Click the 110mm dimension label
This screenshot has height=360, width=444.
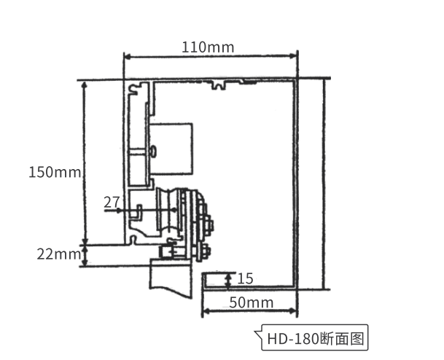pyautogui.click(x=208, y=47)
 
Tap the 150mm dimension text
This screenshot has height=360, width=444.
pyautogui.click(x=55, y=172)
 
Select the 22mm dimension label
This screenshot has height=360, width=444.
pyautogui.click(x=58, y=254)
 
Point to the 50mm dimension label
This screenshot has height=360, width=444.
pyautogui.click(x=252, y=302)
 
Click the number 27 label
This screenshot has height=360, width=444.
pyautogui.click(x=112, y=203)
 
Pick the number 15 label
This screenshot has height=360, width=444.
pyautogui.click(x=245, y=279)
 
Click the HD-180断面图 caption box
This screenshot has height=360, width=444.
pyautogui.click(x=314, y=337)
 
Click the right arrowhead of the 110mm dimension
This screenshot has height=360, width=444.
pyautogui.click(x=293, y=56)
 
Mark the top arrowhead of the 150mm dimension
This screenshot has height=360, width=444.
pyautogui.click(x=84, y=85)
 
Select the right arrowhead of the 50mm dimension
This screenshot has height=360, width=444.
pyautogui.click(x=292, y=311)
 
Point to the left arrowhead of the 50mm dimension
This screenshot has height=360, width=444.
pyautogui.click(x=206, y=311)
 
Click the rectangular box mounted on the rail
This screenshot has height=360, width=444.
pyautogui.click(x=171, y=148)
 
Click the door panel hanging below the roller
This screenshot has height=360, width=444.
pyautogui.click(x=171, y=278)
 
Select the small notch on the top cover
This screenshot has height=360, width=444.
pyautogui.click(x=219, y=85)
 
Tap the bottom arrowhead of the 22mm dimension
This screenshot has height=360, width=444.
pyautogui.click(x=85, y=263)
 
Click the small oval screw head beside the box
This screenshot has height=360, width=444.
pyautogui.click(x=153, y=151)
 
